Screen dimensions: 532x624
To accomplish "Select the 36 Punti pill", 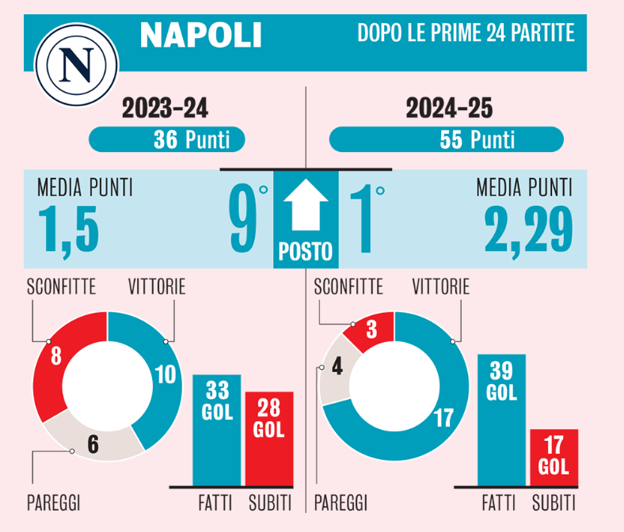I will (x=166, y=140).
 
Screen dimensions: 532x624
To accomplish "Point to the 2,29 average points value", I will (x=528, y=227).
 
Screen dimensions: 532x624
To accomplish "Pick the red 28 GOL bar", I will (x=268, y=439).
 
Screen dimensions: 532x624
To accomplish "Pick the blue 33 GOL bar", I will (x=216, y=431).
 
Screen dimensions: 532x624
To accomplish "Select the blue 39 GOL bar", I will (x=501, y=420).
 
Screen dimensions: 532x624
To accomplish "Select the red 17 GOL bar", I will (x=554, y=458).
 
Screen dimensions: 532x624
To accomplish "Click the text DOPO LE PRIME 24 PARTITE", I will (x=466, y=34).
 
